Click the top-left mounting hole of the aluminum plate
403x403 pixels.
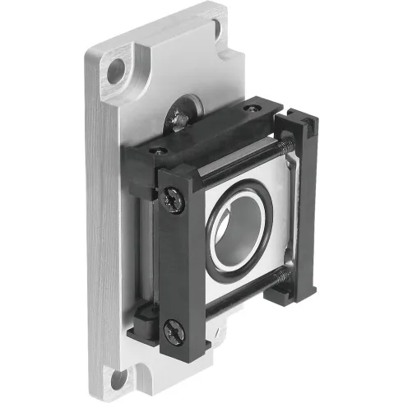[115, 69]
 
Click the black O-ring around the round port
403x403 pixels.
[215, 247]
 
